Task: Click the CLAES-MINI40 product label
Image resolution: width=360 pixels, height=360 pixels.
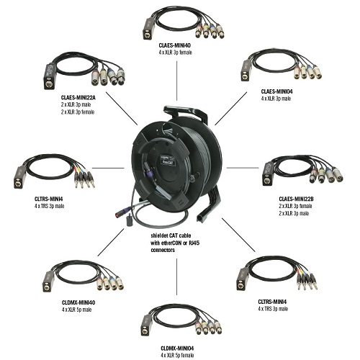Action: [175, 45]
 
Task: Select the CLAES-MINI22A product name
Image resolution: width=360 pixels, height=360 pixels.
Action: [78, 97]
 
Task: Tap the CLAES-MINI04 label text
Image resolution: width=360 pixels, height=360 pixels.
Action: [277, 91]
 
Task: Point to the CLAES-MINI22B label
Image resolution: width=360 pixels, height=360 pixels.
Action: [296, 199]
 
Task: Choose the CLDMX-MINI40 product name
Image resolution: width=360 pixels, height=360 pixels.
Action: [78, 302]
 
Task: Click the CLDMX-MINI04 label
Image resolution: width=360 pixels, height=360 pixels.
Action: [177, 348]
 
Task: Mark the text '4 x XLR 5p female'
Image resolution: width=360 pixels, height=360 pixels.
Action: [177, 355]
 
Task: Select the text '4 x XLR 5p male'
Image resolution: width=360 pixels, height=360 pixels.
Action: [77, 310]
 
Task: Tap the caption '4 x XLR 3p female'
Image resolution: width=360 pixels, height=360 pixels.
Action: [175, 53]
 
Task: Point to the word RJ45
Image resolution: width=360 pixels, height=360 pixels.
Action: [194, 243]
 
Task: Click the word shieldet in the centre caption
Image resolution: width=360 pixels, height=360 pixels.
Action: [159, 235]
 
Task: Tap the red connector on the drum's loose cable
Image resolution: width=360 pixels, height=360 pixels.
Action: [120, 213]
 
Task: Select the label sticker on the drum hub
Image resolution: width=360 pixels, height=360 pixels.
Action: [168, 160]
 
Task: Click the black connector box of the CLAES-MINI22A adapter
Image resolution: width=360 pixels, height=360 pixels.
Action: [50, 76]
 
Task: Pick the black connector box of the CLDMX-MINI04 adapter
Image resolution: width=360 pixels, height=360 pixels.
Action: [145, 325]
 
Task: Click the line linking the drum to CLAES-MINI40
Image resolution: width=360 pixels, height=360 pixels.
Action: [177, 81]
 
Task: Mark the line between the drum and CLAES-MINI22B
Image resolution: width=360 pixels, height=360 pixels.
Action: [243, 168]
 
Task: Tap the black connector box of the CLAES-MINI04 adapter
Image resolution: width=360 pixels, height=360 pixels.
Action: [246, 71]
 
